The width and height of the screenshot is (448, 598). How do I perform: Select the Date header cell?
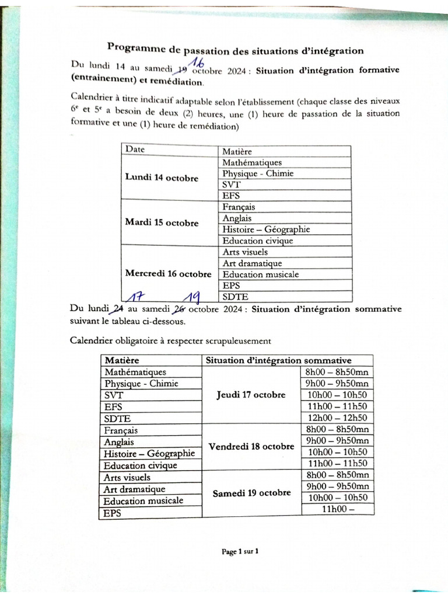135,149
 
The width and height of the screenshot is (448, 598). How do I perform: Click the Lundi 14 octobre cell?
162,178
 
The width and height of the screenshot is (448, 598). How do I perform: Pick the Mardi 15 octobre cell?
162,223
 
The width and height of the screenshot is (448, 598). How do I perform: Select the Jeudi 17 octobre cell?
251,395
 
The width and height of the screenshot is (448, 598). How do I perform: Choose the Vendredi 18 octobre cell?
251,447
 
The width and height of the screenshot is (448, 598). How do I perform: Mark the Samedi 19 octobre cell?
251,492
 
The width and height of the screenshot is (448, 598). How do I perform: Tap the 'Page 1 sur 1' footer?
240,551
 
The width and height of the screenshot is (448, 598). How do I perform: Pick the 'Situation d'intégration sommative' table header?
278,361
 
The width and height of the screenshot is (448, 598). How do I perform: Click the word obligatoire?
139,340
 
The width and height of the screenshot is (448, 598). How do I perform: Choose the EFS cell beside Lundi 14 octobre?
231,196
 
